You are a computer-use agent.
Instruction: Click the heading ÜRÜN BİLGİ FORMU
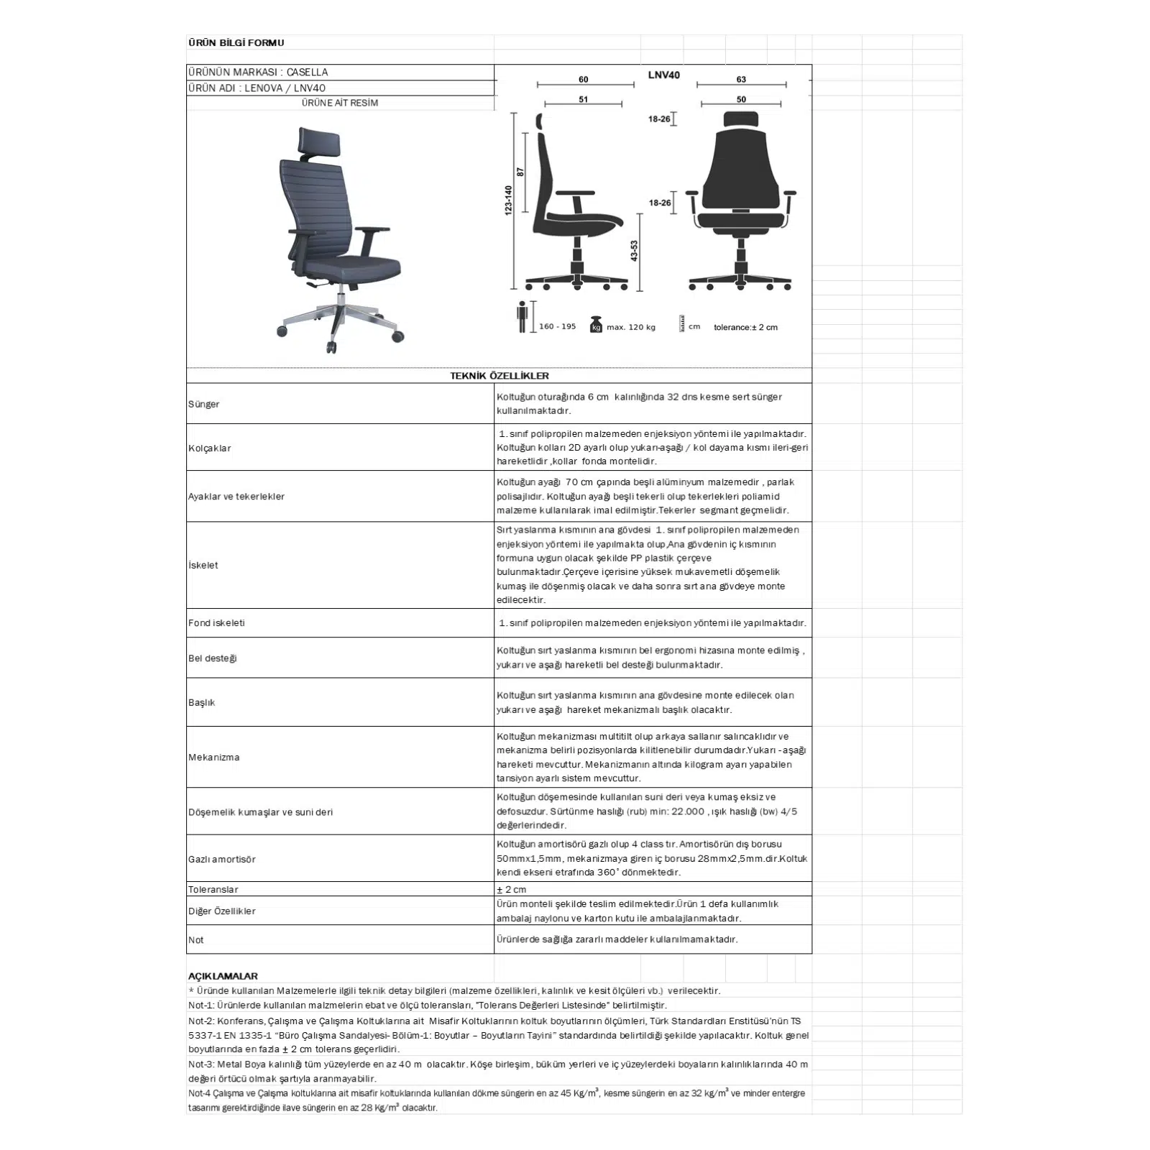pyautogui.click(x=236, y=42)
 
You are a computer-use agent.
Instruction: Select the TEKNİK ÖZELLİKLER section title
pyautogui.click(x=499, y=375)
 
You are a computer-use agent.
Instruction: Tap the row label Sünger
pyautogui.click(x=203, y=404)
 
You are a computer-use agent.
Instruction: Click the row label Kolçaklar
pyautogui.click(x=209, y=448)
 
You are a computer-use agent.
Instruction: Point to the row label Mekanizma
pyautogui.click(x=213, y=757)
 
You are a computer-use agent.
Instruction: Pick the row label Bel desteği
pyautogui.click(x=212, y=658)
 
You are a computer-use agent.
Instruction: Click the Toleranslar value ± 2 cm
pyautogui.click(x=511, y=889)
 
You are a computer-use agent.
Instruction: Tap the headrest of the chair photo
pyautogui.click(x=319, y=142)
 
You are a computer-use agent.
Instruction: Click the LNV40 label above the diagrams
pyautogui.click(x=663, y=75)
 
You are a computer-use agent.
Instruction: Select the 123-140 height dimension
pyautogui.click(x=508, y=200)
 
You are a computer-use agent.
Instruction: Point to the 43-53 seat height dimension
pyautogui.click(x=634, y=251)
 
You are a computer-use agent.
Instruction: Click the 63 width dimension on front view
pyautogui.click(x=741, y=79)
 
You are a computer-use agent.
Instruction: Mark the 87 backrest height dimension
pyautogui.click(x=520, y=172)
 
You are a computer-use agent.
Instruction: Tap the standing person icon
pyautogui.click(x=523, y=317)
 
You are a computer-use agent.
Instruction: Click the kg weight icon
pyautogui.click(x=595, y=325)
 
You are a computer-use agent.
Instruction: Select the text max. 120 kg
pyautogui.click(x=630, y=327)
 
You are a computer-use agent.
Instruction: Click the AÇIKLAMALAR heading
pyautogui.click(x=223, y=976)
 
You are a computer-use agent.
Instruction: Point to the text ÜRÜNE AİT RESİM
pyautogui.click(x=340, y=103)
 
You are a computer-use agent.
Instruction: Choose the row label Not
pyautogui.click(x=195, y=939)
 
